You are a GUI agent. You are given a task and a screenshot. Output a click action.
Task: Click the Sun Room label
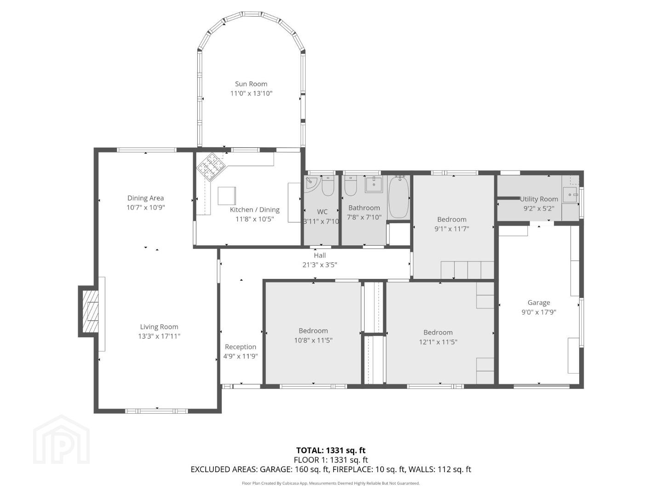251,84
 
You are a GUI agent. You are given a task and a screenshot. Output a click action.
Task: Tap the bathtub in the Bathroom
399,197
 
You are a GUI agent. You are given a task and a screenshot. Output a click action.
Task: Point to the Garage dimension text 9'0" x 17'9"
539,312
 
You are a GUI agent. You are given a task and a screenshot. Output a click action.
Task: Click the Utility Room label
539,199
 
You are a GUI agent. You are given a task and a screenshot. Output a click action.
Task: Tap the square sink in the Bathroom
374,185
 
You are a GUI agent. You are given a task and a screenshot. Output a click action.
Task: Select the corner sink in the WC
310,185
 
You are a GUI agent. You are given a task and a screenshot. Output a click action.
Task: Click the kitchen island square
227,196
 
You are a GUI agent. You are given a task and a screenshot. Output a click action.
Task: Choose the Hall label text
320,255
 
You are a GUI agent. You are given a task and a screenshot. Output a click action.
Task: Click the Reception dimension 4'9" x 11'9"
240,356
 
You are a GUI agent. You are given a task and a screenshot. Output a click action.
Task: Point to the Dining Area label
145,198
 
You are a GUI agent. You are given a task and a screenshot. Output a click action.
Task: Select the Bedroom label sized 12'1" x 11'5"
438,332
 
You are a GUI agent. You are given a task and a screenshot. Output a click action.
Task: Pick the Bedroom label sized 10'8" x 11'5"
313,330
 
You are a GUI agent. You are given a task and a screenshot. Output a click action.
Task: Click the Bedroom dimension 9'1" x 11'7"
451,229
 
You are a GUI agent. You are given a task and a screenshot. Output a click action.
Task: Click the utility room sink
570,195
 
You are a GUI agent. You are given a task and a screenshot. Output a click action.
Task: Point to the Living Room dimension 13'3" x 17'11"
159,336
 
